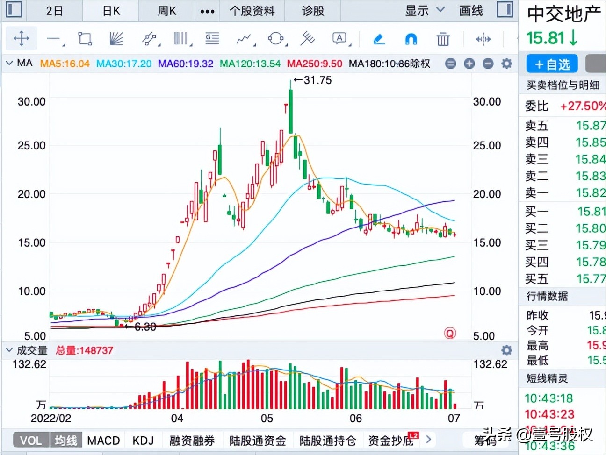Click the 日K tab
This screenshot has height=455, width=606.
click(111, 11)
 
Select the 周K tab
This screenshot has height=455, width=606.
click(167, 11)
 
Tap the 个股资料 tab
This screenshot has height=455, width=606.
click(252, 11)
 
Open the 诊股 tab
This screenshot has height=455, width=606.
click(313, 11)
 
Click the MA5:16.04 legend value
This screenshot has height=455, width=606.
click(65, 64)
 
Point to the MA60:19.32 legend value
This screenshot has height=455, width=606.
click(186, 64)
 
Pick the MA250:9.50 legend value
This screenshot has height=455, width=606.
click(315, 64)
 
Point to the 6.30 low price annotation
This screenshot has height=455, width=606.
click(144, 327)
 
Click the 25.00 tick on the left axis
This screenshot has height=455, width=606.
click(31, 146)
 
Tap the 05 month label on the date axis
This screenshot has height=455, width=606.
click(267, 418)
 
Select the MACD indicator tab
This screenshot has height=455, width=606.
click(103, 441)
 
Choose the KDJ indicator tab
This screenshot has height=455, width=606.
click(143, 441)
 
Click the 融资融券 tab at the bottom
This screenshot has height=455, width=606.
click(192, 441)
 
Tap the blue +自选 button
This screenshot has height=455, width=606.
click(552, 64)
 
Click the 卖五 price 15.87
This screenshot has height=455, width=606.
click(591, 125)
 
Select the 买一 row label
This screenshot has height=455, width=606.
click(536, 212)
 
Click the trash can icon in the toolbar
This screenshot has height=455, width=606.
click(443, 39)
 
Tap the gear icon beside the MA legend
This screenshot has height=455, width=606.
click(506, 64)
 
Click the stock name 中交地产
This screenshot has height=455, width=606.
click(564, 14)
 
